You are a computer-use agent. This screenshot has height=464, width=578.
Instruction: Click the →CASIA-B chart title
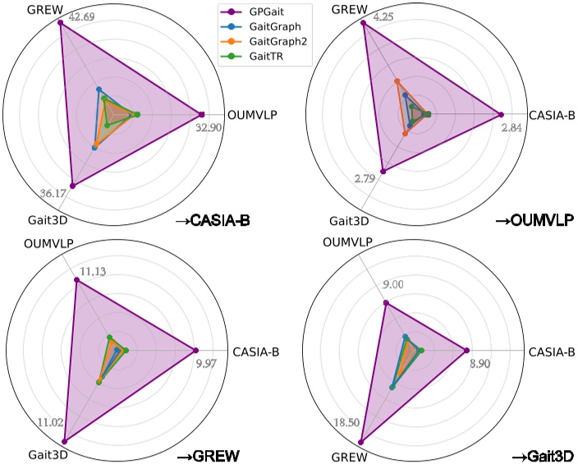[x=214, y=220]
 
